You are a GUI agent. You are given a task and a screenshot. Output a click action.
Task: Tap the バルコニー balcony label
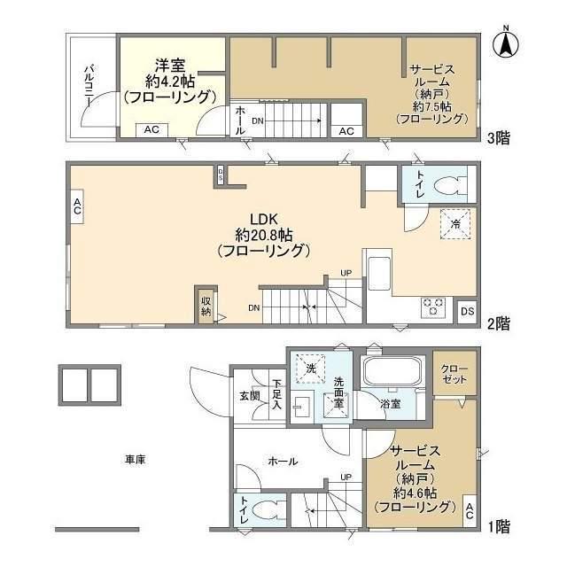(89, 86)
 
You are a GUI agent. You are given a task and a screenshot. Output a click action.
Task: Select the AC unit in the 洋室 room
(151, 129)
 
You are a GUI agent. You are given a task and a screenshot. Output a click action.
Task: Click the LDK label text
(264, 219)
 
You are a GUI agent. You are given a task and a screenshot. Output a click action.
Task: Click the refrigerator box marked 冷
(455, 224)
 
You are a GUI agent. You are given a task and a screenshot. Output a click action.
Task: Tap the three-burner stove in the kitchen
(434, 307)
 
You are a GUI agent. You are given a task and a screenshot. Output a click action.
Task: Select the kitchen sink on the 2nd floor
(379, 273)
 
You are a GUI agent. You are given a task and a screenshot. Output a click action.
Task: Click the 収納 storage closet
(206, 306)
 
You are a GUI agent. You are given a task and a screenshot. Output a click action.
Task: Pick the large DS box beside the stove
(467, 311)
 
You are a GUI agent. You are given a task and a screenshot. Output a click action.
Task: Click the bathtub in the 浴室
(393, 370)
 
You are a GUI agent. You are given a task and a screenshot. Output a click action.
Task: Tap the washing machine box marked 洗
(311, 369)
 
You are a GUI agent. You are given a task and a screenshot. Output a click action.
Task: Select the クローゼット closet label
(454, 374)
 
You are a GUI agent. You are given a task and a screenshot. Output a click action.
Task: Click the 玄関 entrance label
(250, 396)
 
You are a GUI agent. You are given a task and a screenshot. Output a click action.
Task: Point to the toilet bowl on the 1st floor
(263, 511)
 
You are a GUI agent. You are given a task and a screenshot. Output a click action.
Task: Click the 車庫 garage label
(136, 460)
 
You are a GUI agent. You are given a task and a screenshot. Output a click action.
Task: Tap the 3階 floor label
(499, 138)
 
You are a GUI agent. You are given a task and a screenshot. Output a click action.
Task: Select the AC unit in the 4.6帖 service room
(470, 510)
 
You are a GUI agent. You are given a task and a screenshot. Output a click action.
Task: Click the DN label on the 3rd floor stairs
(258, 121)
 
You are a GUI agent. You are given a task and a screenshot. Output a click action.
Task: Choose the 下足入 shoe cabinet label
(277, 394)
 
